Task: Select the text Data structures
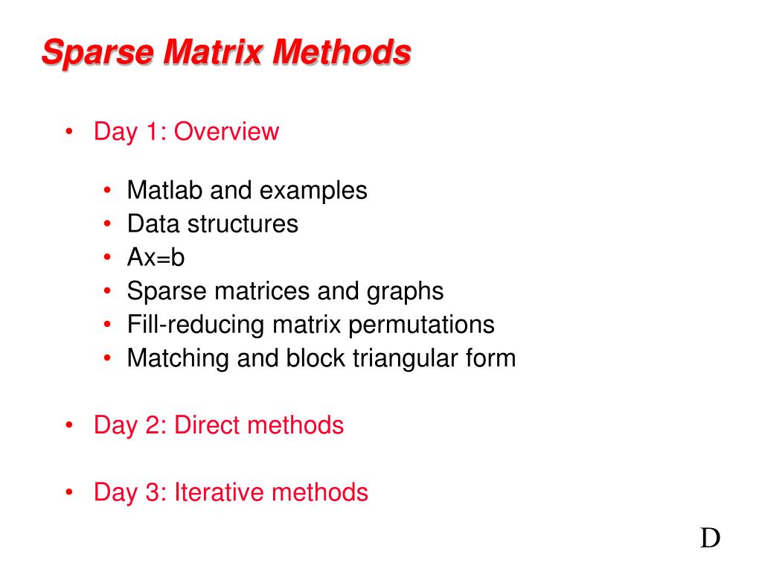click(x=212, y=224)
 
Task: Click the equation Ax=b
click(x=156, y=258)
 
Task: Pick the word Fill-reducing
click(x=195, y=325)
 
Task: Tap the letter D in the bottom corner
click(x=710, y=538)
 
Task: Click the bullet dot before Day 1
click(x=69, y=132)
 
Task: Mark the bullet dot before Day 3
click(x=69, y=492)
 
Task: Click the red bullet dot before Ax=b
click(x=109, y=258)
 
